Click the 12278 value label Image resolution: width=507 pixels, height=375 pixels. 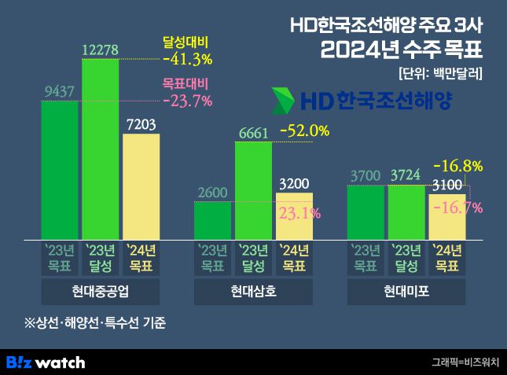pyautogui.click(x=100, y=50)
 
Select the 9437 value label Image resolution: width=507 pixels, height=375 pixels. pyautogui.click(x=59, y=92)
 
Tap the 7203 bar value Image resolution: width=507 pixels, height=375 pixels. pyautogui.click(x=141, y=124)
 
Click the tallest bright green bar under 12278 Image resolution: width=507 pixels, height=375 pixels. pyautogui.click(x=100, y=149)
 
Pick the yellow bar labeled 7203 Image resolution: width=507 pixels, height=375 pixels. pyautogui.click(x=141, y=186)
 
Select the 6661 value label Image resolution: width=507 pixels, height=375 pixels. pyautogui.click(x=253, y=132)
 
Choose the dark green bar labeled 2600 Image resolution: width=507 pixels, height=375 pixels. pyautogui.click(x=212, y=220)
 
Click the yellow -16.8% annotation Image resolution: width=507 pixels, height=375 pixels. pyautogui.click(x=461, y=166)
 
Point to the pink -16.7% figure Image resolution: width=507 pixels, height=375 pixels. pyautogui.click(x=461, y=207)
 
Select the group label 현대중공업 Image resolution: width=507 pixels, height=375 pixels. pyautogui.click(x=100, y=292)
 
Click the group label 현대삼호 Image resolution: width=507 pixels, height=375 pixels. pyautogui.click(x=253, y=292)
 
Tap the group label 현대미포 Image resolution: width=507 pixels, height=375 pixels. pyautogui.click(x=406, y=292)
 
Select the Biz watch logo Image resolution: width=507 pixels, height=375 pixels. pyautogui.click(x=46, y=362)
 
